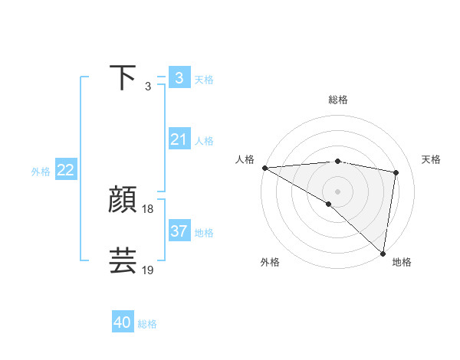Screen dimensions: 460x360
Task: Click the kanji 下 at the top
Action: pyautogui.click(x=123, y=78)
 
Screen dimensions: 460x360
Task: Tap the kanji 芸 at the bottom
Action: pyautogui.click(x=123, y=260)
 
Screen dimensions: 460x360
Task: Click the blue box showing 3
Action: pyautogui.click(x=179, y=78)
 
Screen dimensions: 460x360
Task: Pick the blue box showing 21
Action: pyautogui.click(x=179, y=139)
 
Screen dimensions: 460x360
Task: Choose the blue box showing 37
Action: pyautogui.click(x=179, y=231)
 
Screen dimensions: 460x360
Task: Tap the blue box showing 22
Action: pyautogui.click(x=66, y=170)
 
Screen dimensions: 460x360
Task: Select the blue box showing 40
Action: pyautogui.click(x=123, y=322)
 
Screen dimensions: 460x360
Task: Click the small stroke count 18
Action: pyautogui.click(x=148, y=209)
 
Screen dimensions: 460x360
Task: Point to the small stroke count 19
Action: pyautogui.click(x=148, y=270)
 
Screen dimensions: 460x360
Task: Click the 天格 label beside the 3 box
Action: pyautogui.click(x=204, y=79)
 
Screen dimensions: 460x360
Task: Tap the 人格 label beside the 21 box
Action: pyautogui.click(x=204, y=141)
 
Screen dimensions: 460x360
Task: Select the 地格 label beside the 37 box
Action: pyautogui.click(x=204, y=232)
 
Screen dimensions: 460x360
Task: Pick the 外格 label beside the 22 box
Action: pyautogui.click(x=41, y=172)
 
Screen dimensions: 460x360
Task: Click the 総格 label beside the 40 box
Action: pyautogui.click(x=147, y=324)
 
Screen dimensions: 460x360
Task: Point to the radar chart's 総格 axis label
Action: pyautogui.click(x=337, y=100)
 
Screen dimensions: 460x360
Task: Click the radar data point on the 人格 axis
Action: pyautogui.click(x=264, y=167)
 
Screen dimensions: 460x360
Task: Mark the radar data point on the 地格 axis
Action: pyautogui.click(x=383, y=252)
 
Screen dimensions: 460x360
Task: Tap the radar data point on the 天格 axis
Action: pyautogui.click(x=396, y=172)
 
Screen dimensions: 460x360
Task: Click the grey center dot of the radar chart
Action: pyautogui.click(x=337, y=190)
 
